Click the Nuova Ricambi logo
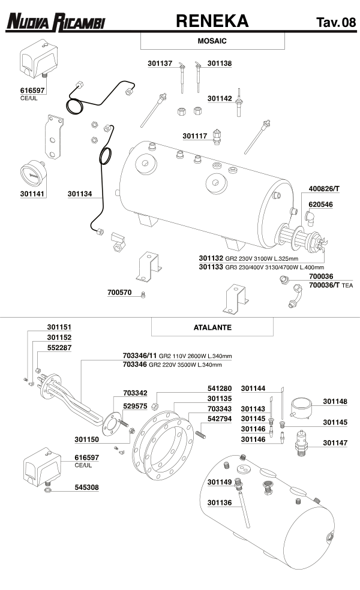tap(55, 23)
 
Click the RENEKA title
tap(212, 22)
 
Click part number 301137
tap(160, 63)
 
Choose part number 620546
tap(320, 204)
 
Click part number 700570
tap(120, 294)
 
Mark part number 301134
tap(80, 194)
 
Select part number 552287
tap(59, 347)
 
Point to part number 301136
tap(220, 502)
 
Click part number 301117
tap(195, 136)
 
